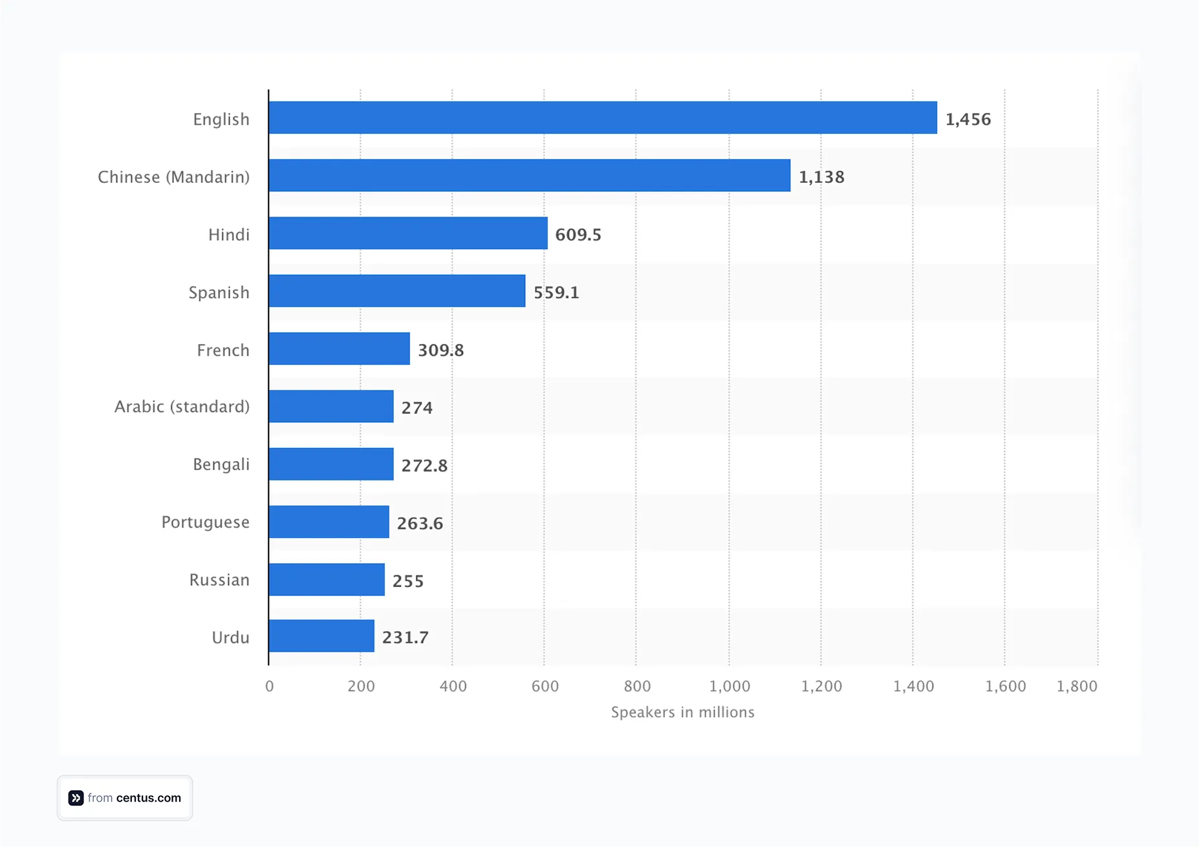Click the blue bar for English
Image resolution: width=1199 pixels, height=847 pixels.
[x=603, y=118]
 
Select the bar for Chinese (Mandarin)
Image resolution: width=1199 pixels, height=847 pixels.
[x=529, y=175]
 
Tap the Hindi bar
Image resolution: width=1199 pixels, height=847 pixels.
[x=408, y=233]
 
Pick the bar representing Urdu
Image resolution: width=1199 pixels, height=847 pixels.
[x=321, y=636]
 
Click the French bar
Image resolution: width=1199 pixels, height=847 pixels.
[x=339, y=348]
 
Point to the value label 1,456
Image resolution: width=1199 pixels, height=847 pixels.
[x=968, y=119]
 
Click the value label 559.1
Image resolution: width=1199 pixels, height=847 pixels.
[x=556, y=292]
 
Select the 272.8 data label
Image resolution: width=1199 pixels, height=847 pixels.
[x=424, y=466]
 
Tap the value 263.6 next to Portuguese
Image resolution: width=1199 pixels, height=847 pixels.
[x=420, y=523]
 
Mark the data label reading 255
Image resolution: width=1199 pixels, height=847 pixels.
[x=408, y=581]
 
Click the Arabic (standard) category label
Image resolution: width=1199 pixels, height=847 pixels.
[x=182, y=407]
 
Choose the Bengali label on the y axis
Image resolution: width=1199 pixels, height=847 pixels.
[x=221, y=464]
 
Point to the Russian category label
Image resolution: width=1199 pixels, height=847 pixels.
[x=219, y=580]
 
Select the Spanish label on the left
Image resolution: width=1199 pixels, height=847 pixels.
[x=219, y=292]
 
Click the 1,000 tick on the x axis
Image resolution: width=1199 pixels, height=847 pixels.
[x=729, y=686]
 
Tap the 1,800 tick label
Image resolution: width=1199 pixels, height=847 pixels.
[x=1077, y=686]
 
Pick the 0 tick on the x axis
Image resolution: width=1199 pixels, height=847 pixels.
[x=269, y=686]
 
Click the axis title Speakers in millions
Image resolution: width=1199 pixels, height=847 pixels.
[x=682, y=712]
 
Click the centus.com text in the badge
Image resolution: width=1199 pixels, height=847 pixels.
[x=149, y=798]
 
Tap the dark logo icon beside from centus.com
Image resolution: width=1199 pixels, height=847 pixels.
[x=76, y=798]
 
